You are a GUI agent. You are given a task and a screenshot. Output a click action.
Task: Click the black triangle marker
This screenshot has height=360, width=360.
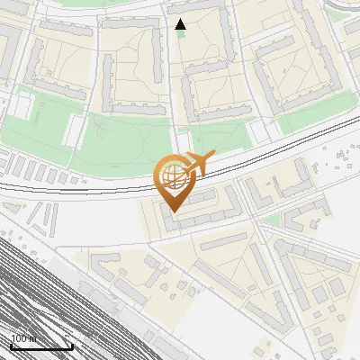click(x=180, y=24)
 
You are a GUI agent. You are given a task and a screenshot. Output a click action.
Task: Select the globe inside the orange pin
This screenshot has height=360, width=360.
click(x=172, y=177)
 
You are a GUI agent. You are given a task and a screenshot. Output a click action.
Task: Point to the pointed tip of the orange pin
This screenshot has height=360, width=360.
click(x=173, y=211)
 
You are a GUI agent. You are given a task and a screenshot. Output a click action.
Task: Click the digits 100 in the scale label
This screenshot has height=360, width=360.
click(x=18, y=338)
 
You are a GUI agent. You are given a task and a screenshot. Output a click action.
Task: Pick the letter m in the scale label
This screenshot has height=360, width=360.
click(x=33, y=338)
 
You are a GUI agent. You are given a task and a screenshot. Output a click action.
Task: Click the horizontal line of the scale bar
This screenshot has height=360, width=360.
click(x=41, y=346)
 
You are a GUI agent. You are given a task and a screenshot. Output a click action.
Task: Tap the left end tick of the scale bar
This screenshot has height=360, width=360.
click(x=11, y=345)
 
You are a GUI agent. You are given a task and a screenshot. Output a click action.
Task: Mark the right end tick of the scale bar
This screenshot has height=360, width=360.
click(x=72, y=345)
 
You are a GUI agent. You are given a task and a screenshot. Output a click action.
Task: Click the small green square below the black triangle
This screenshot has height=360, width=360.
click(x=181, y=35)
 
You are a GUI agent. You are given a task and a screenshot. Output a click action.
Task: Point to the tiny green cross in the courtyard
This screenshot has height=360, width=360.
click(x=284, y=69)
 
